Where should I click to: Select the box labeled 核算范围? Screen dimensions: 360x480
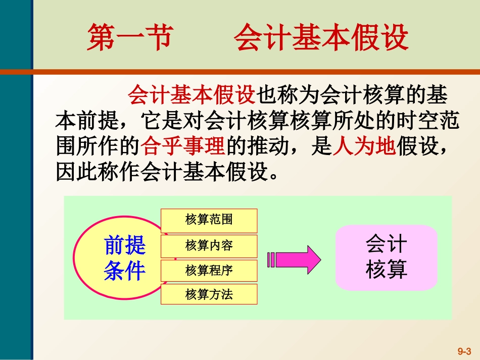[209, 220]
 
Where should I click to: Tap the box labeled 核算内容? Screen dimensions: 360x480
[209, 246]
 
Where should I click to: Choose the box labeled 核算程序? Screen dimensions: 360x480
[209, 271]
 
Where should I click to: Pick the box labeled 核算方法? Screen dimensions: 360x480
[209, 294]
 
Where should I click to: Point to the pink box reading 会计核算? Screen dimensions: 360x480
[387, 258]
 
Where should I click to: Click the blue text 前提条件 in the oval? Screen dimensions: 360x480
[124, 259]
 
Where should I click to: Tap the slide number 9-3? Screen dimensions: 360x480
[464, 350]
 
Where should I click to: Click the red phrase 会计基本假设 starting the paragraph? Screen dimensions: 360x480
[193, 95]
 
